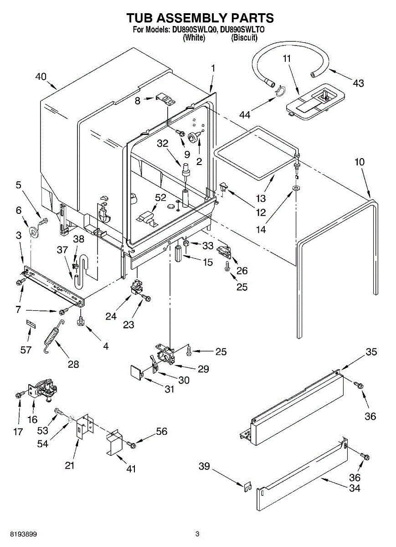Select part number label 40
tap(41, 77)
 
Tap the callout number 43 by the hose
tap(358, 83)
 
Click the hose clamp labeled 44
tap(280, 92)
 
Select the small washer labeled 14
tap(297, 187)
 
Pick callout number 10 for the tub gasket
tap(360, 162)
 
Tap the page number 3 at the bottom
tap(197, 534)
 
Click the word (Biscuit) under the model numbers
tap(245, 38)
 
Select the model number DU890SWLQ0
tap(193, 31)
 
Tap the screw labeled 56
tap(131, 444)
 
